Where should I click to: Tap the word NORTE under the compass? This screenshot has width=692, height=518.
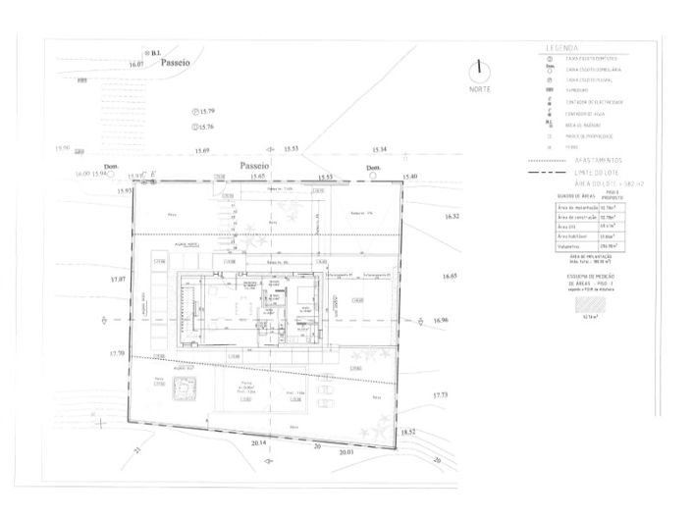[479, 89]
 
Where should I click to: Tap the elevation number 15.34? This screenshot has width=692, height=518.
[380, 149]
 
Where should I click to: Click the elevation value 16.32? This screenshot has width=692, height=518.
[452, 215]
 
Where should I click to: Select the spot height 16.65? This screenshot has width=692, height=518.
[450, 276]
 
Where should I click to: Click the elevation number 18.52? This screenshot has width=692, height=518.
[408, 432]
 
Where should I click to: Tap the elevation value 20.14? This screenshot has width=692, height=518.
[259, 443]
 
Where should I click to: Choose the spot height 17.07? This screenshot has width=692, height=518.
[118, 280]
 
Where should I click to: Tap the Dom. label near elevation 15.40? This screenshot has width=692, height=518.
[373, 168]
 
